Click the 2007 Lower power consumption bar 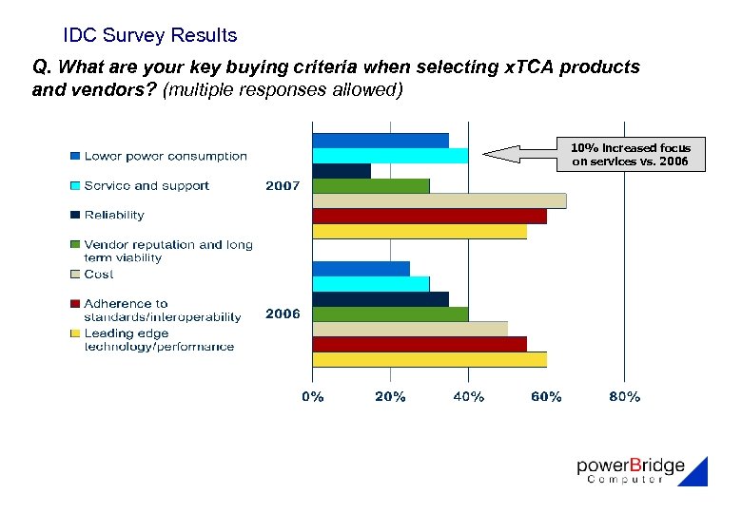(381, 141)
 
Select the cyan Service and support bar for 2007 (390, 156)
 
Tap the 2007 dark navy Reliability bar (342, 171)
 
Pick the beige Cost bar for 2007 (439, 200)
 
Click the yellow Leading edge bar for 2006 (429, 359)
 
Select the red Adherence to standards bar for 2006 (420, 344)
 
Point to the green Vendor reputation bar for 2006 (390, 313)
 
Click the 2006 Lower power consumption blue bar (361, 269)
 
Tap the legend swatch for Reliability (74, 216)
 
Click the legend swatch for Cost (74, 275)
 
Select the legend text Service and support (146, 186)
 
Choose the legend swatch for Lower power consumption (74, 156)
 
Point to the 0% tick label (312, 397)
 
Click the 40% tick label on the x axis (468, 397)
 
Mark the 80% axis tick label (624, 397)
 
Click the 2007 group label (283, 186)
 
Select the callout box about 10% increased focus (632, 154)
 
